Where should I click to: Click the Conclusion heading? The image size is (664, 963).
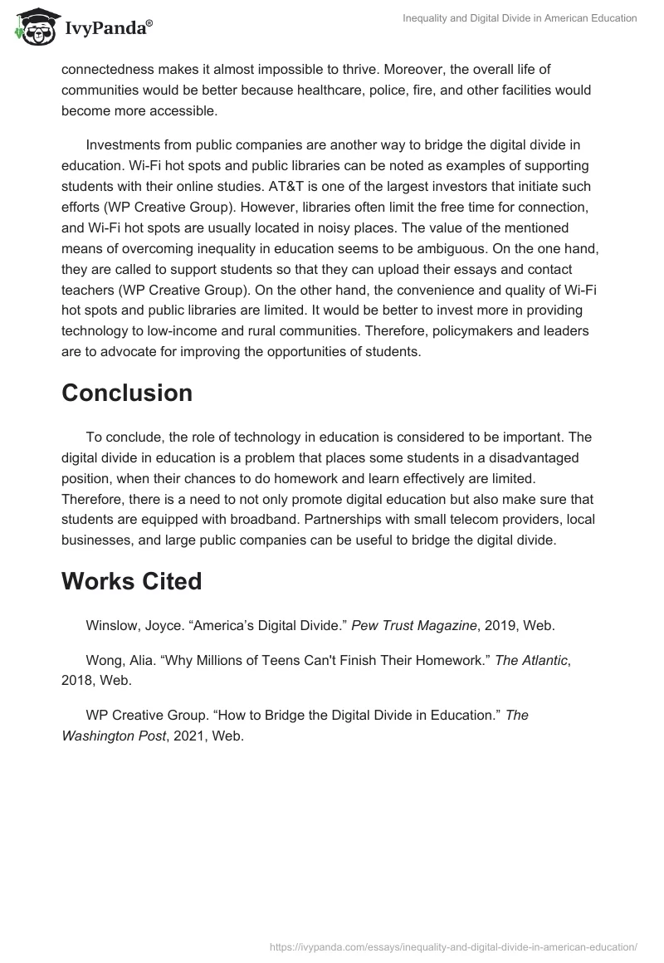pos(127,393)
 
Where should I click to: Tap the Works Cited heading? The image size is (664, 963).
pos(131,581)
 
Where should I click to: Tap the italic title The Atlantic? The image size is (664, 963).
pos(531,661)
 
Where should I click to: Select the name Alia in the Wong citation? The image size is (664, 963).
pos(142,661)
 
